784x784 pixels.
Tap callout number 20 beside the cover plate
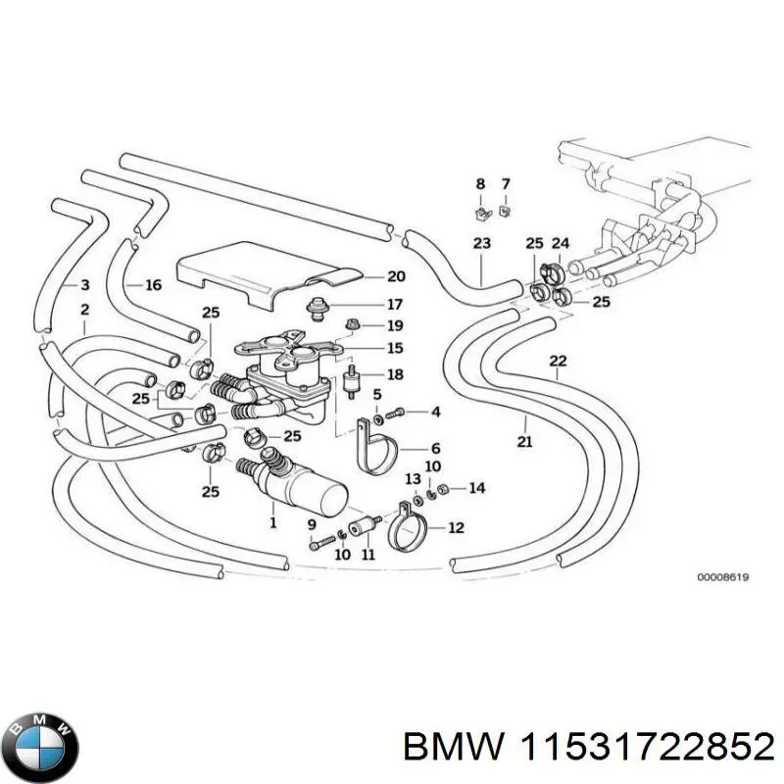coord(367,276)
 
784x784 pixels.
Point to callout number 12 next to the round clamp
coord(456,528)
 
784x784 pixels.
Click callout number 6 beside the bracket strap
coord(435,447)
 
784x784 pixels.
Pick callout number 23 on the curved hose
coord(481,243)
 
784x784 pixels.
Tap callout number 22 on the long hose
coord(558,361)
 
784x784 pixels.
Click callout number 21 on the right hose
coord(524,442)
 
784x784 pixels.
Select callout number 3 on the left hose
coord(84,285)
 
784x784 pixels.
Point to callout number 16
coord(153,285)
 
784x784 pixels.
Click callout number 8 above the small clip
coord(480,184)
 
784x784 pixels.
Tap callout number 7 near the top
coord(506,184)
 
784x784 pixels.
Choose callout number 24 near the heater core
coord(561,243)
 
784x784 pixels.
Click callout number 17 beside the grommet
coord(367,304)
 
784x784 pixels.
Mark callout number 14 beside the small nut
coord(476,487)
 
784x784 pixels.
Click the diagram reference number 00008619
coord(722,578)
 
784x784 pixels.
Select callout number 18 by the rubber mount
coord(394,374)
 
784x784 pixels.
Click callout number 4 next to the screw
coord(435,412)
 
